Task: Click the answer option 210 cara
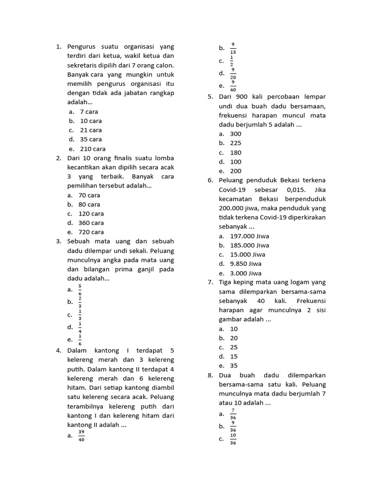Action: [92, 149]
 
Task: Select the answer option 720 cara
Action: [91, 232]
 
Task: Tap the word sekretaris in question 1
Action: [82, 65]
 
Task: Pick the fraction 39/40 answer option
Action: [81, 436]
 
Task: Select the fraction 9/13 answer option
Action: [233, 48]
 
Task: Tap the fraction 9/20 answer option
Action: [233, 73]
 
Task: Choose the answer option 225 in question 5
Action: [236, 143]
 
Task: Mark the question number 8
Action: [210, 375]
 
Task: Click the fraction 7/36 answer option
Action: [233, 414]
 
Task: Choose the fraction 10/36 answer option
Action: [233, 439]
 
